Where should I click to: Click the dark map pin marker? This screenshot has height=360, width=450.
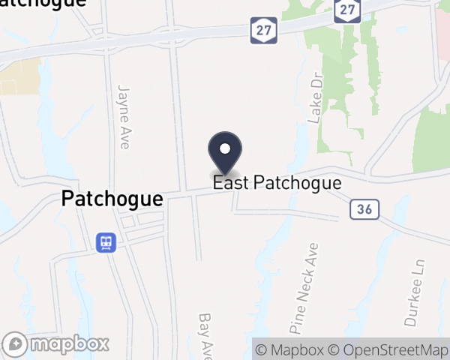point(224,154)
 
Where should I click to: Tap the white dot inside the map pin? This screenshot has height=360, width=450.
point(224,148)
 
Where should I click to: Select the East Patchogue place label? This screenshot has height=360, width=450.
point(277,183)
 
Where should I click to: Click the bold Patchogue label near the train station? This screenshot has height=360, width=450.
point(112,199)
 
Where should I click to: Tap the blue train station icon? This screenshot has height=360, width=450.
point(106,242)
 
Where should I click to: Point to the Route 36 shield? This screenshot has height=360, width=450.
point(361,210)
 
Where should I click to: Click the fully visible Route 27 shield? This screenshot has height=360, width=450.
point(268,28)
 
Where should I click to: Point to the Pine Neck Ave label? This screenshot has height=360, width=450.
point(304,287)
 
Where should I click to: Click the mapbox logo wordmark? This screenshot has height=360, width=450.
point(71,344)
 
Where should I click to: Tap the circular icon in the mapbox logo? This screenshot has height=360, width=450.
point(19,344)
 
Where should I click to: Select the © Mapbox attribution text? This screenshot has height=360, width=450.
point(289,349)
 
